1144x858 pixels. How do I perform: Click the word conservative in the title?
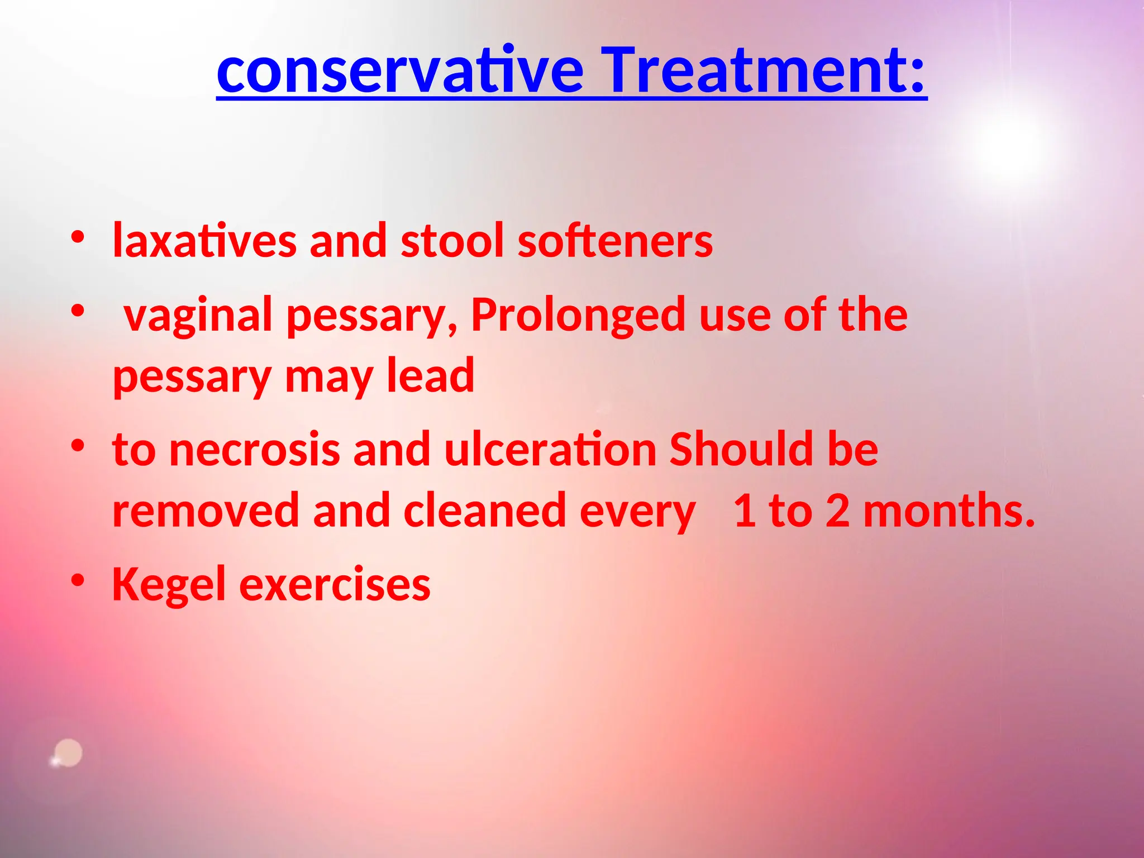pos(400,71)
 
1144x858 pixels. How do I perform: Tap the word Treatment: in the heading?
pos(766,71)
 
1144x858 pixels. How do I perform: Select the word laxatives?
pos(204,241)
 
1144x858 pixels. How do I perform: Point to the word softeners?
pos(615,241)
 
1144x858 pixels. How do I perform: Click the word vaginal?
pos(198,316)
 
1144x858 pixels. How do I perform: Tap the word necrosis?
pos(255,450)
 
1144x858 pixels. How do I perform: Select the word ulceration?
pos(550,450)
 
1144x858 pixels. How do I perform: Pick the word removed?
pos(206,511)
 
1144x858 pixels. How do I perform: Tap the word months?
pos(949,511)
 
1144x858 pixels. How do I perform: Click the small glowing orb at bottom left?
pos(68,754)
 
